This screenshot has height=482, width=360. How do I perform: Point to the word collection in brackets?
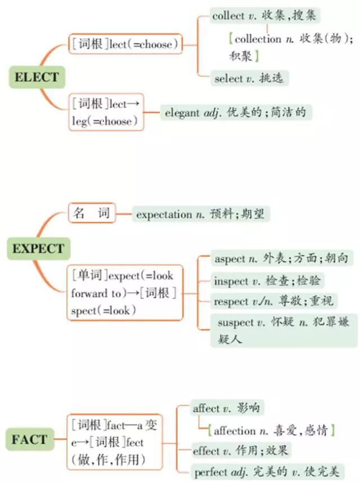[257, 39]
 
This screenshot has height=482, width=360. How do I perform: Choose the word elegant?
[182, 113]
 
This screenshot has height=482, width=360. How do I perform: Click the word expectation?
[164, 214]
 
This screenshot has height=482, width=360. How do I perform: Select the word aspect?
[230, 259]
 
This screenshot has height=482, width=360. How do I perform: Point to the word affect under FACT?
[206, 408]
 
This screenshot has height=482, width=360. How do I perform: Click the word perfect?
[211, 471]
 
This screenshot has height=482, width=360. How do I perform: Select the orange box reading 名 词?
[92, 214]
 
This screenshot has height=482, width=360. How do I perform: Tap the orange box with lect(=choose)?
[125, 43]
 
